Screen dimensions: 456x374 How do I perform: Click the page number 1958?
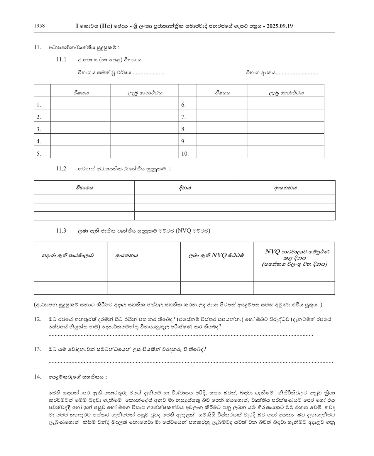pos(39,26)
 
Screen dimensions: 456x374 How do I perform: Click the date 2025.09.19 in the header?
pos(280,26)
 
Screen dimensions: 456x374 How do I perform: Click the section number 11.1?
pos(61,60)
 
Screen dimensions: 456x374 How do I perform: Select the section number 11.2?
pos(61,169)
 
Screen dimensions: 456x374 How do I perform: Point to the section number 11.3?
pos(61,230)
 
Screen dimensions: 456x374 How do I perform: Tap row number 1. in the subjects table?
pos(39,105)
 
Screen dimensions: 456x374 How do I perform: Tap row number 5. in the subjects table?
pos(39,153)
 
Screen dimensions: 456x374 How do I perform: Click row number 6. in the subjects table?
pos(184,105)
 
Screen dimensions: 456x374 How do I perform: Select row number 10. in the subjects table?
pos(185,153)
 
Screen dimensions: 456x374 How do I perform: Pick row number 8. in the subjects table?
pos(184,129)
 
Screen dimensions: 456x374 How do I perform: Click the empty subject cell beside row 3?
pos(81,128)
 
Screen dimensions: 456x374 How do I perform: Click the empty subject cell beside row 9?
pos(222,140)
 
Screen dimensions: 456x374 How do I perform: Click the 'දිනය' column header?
pos(185,187)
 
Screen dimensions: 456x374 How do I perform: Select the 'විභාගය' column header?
pos(84,187)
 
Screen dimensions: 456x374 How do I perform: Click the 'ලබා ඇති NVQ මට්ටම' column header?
pos(216,255)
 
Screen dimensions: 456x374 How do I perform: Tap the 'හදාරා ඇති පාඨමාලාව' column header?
pos(68,255)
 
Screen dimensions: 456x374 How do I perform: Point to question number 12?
pos(38,319)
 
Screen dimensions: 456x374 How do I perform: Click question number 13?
pos(38,349)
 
